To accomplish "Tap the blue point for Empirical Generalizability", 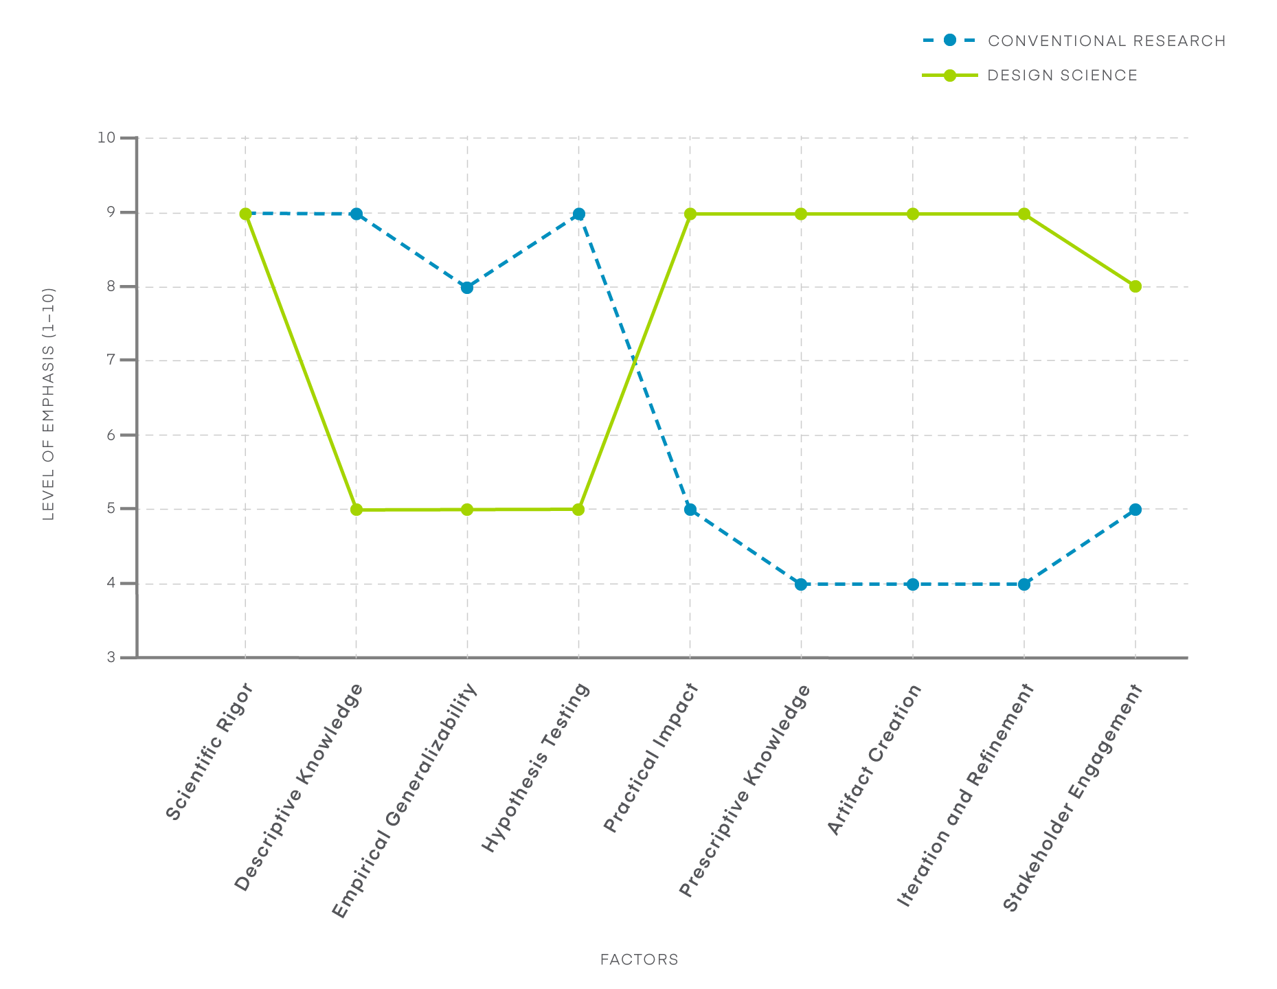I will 467,287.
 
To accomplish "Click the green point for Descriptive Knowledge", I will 356,510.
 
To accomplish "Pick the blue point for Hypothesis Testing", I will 578,214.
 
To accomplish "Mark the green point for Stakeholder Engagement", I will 1135,286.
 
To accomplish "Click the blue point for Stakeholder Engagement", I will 1135,510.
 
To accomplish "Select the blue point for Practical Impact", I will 690,510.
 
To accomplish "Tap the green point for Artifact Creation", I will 912,214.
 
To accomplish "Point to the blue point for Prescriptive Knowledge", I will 801,584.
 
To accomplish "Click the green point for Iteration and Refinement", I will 1024,214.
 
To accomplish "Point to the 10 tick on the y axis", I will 106,137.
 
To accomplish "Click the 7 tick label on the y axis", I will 111,360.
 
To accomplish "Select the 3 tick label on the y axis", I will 111,658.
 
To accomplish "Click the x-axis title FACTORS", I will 639,959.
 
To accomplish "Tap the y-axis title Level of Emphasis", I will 48,404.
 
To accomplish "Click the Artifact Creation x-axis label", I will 874,760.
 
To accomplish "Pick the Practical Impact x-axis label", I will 651,759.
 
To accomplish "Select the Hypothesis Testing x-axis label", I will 536,768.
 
